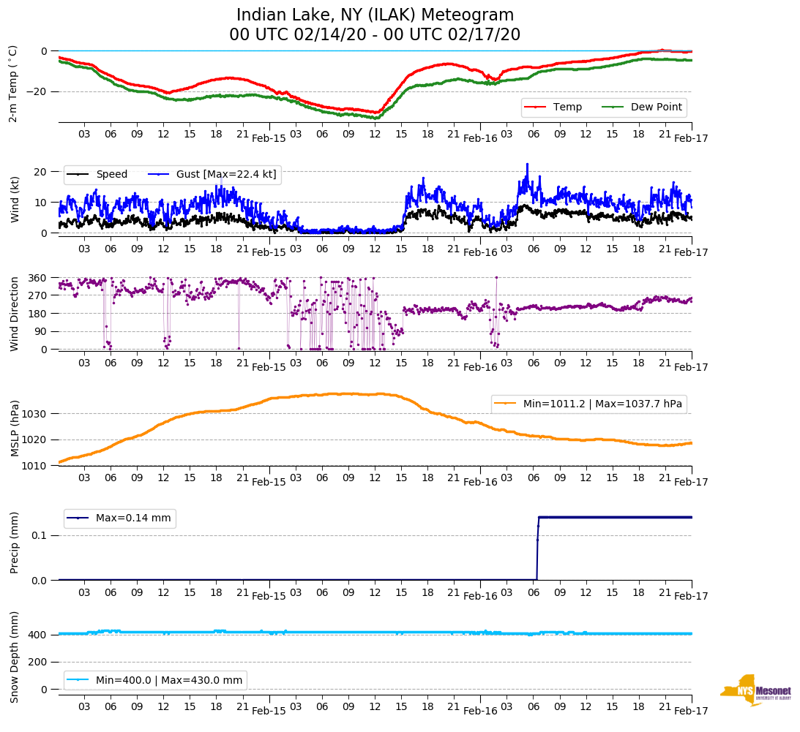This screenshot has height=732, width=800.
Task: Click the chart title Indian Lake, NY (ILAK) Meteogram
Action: [375, 15]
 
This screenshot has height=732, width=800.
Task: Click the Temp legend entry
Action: [567, 107]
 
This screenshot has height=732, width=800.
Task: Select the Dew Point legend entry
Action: [656, 107]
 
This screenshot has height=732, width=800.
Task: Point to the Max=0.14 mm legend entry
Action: [132, 518]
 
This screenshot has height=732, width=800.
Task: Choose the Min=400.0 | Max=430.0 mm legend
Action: [168, 680]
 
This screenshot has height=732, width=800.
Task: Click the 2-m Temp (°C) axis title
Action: [12, 83]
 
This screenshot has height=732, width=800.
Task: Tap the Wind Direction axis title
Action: [15, 314]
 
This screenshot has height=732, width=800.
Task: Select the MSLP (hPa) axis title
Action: [15, 429]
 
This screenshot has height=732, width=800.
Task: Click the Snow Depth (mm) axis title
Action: [15, 657]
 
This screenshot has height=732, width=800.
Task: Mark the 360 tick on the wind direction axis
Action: [39, 278]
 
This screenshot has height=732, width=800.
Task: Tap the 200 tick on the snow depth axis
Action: [39, 662]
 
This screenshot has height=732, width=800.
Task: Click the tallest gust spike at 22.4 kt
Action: [526, 165]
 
